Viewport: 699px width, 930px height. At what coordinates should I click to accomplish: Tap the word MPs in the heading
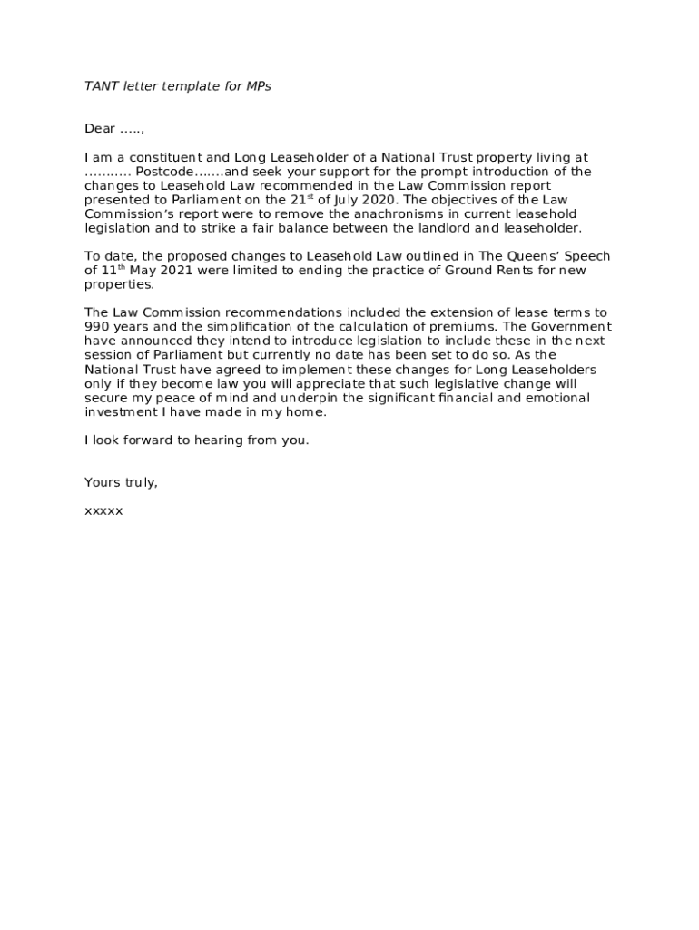(259, 86)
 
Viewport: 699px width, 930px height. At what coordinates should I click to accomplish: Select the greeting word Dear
(100, 129)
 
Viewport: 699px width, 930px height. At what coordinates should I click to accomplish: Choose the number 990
(97, 327)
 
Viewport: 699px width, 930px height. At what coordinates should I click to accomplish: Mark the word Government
(568, 327)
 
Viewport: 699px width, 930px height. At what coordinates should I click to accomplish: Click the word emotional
(556, 398)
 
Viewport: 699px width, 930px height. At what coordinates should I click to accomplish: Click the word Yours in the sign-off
(102, 482)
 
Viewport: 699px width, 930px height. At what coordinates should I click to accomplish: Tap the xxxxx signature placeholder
(103, 510)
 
